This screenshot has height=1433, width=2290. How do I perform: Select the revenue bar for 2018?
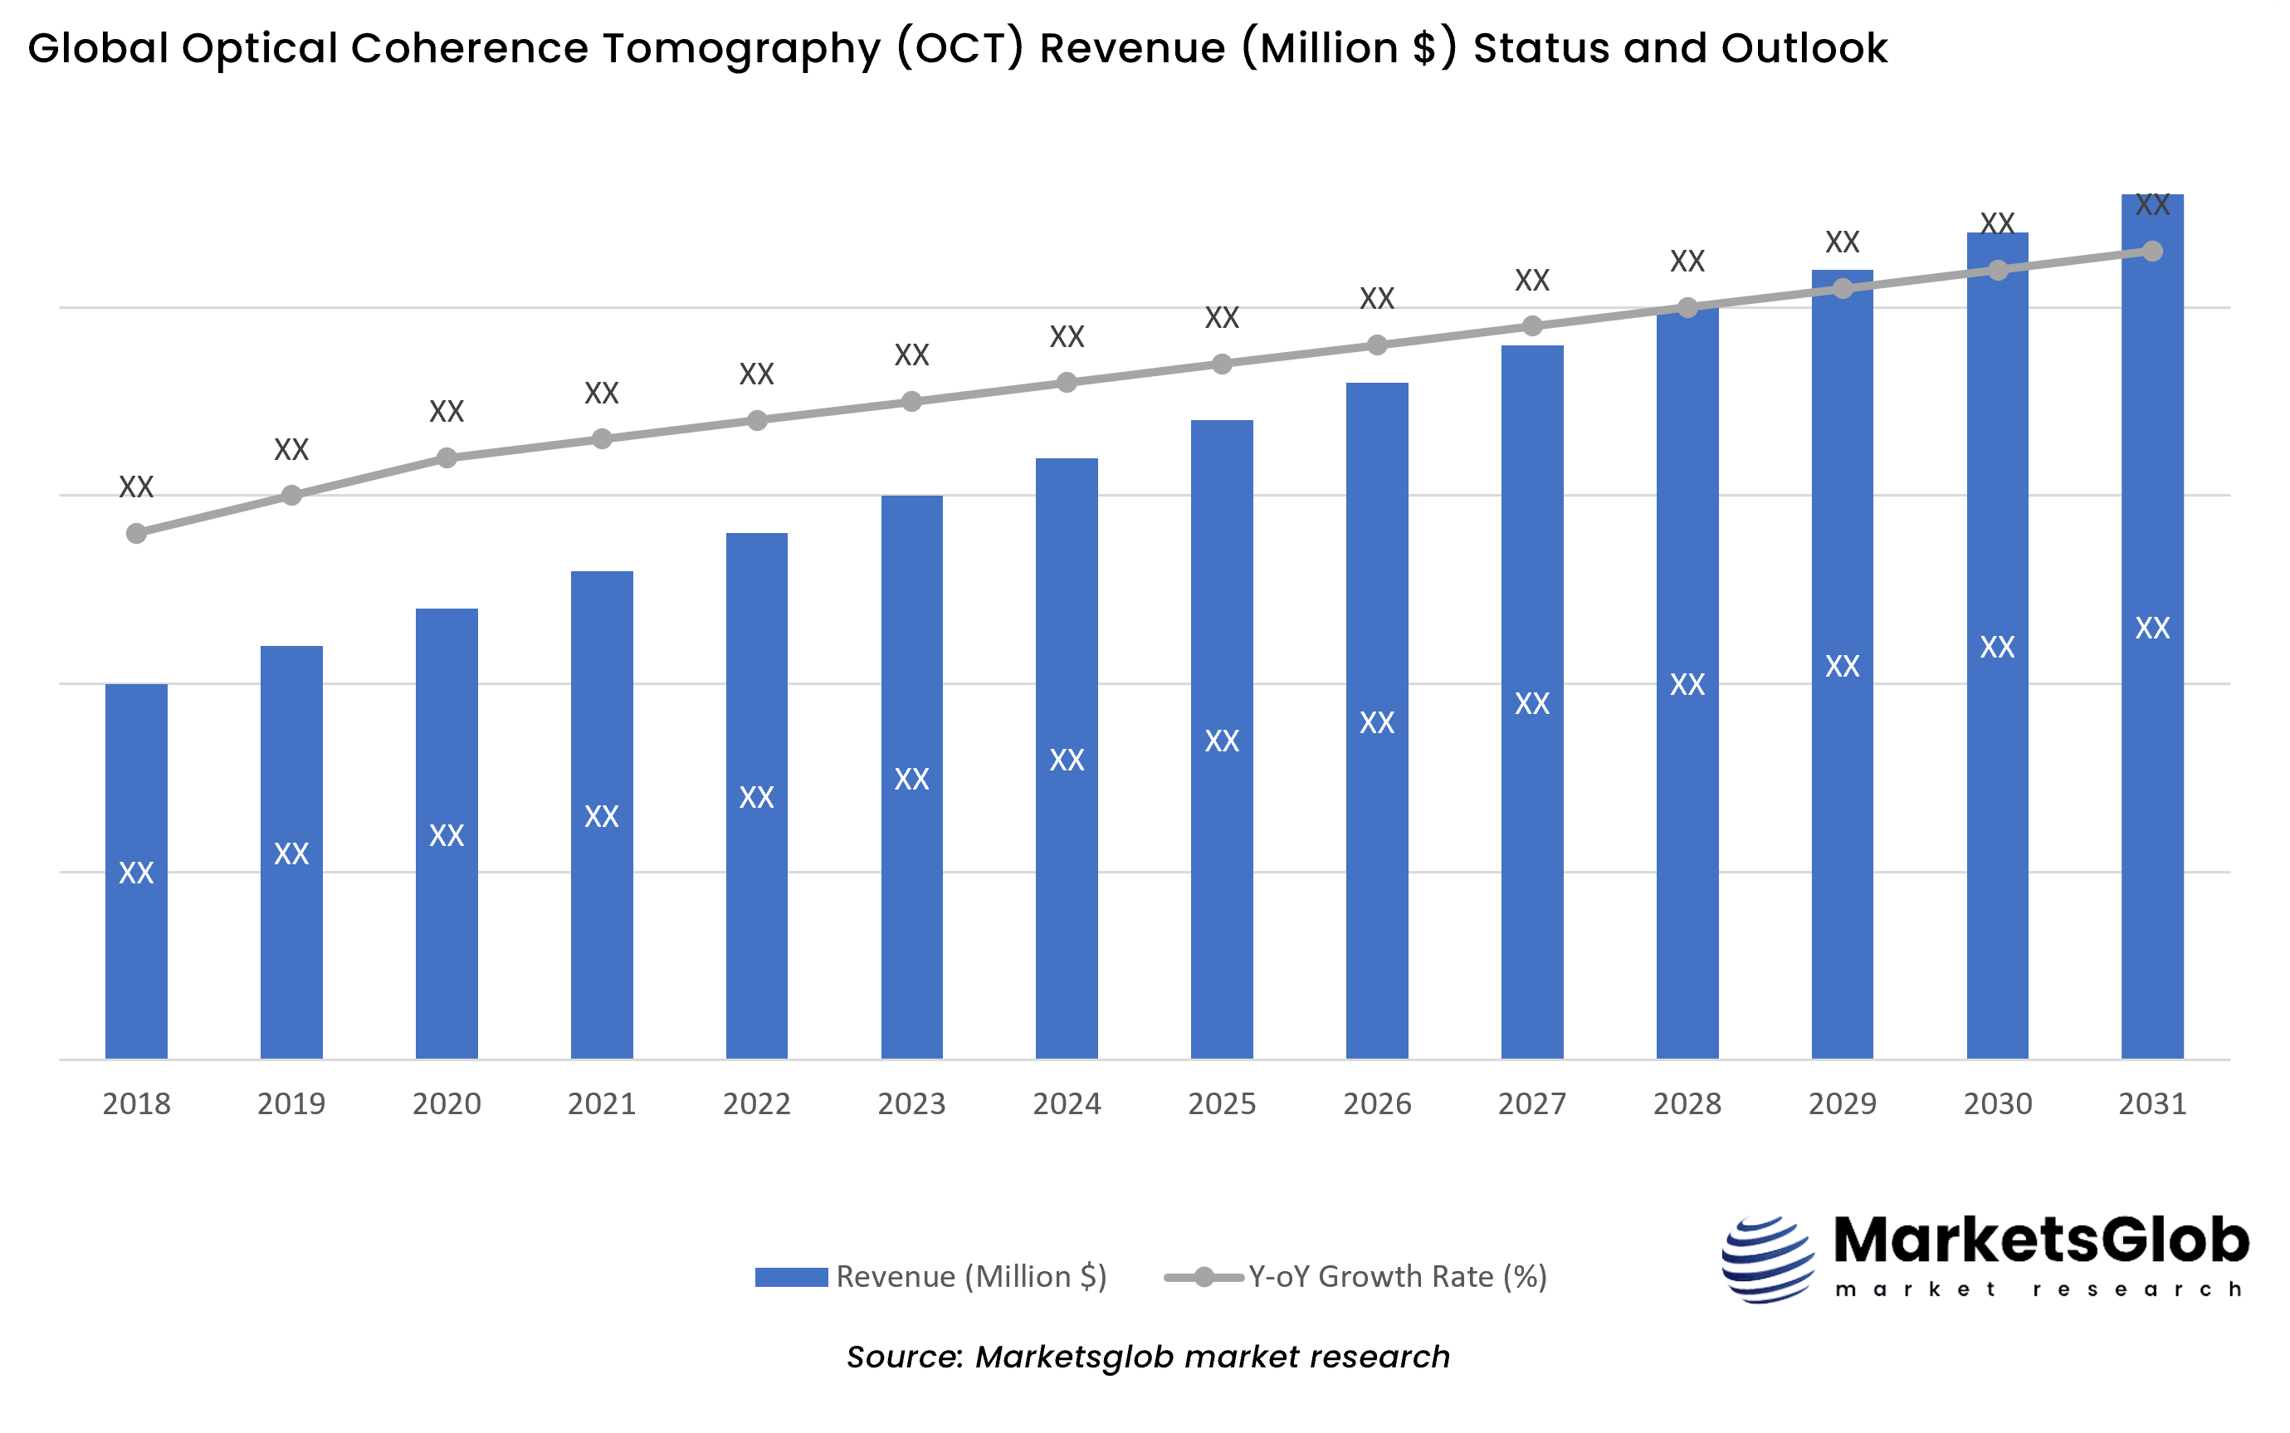[136, 948]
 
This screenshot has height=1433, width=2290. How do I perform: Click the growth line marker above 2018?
[136, 534]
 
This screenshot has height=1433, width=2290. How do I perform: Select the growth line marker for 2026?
[1377, 345]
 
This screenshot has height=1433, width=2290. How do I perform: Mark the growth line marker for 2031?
[2151, 252]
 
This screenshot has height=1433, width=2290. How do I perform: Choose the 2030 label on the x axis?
[1997, 1104]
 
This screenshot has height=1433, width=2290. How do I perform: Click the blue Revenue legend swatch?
[791, 1278]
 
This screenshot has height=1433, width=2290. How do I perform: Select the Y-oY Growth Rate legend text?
[1397, 1278]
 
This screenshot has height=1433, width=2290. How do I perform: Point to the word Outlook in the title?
[1803, 49]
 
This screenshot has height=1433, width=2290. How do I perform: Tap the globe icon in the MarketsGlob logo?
[1767, 1259]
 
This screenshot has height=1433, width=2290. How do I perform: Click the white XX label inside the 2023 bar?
[911, 779]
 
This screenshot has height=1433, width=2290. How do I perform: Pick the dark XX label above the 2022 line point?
[756, 374]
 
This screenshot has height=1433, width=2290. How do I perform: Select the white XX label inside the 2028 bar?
[1687, 684]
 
